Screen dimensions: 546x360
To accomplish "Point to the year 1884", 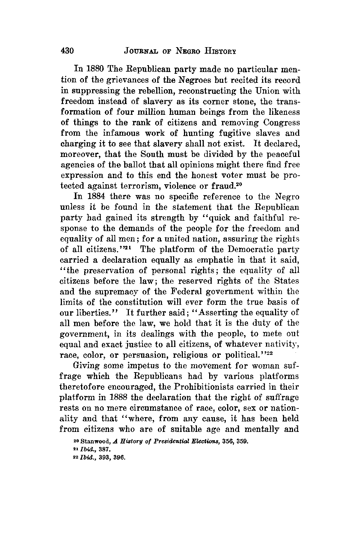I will (94, 197).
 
